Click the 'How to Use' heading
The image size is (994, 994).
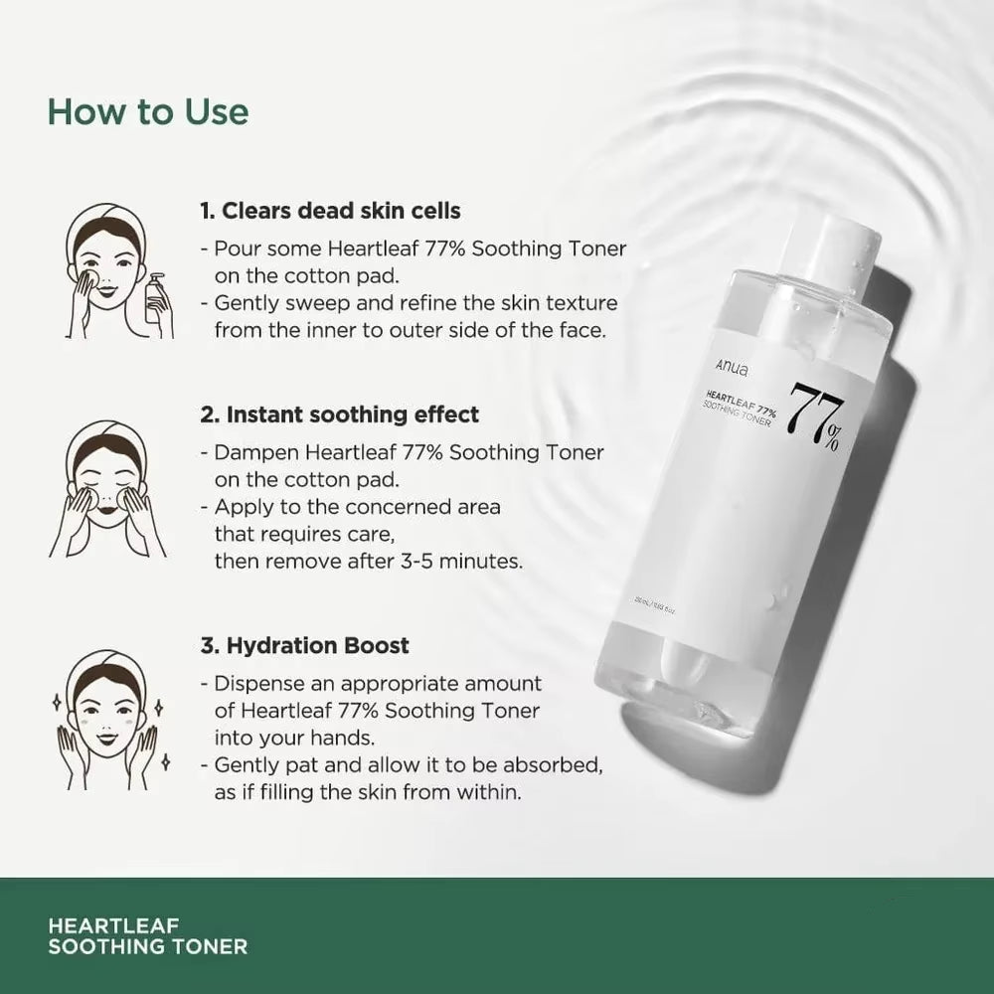tap(148, 111)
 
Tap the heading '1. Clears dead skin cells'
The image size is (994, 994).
tap(330, 211)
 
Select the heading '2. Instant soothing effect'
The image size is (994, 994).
tap(339, 414)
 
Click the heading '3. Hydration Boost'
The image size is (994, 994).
tap(304, 645)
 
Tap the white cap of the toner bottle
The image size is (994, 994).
tap(834, 252)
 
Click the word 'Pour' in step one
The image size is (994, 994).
tap(235, 248)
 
